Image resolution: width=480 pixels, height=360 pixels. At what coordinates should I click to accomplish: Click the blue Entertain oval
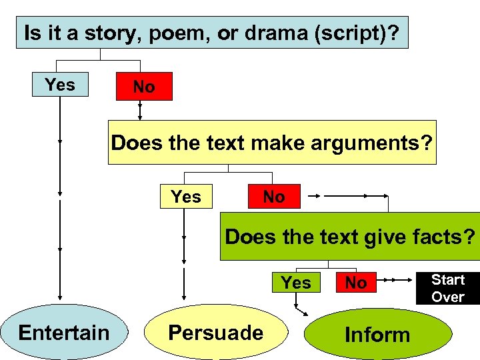click(x=63, y=332)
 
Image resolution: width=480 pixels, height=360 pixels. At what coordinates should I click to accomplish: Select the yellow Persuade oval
click(x=215, y=332)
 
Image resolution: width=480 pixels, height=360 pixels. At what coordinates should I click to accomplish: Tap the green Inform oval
click(x=377, y=334)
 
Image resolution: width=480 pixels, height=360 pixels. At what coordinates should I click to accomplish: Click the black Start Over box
click(x=447, y=288)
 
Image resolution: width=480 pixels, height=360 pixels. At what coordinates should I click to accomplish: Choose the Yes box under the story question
click(x=60, y=85)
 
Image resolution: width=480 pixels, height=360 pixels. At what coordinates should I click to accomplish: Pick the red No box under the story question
click(x=144, y=87)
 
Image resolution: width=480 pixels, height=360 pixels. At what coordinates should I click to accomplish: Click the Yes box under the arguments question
click(x=186, y=197)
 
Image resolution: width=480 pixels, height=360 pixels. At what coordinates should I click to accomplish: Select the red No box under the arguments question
click(x=274, y=197)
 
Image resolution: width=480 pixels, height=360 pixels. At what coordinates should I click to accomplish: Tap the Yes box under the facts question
click(x=296, y=283)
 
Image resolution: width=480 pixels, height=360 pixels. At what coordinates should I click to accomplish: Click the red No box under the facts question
click(x=355, y=283)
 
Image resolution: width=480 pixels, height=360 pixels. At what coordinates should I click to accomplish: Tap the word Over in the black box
click(x=447, y=297)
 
